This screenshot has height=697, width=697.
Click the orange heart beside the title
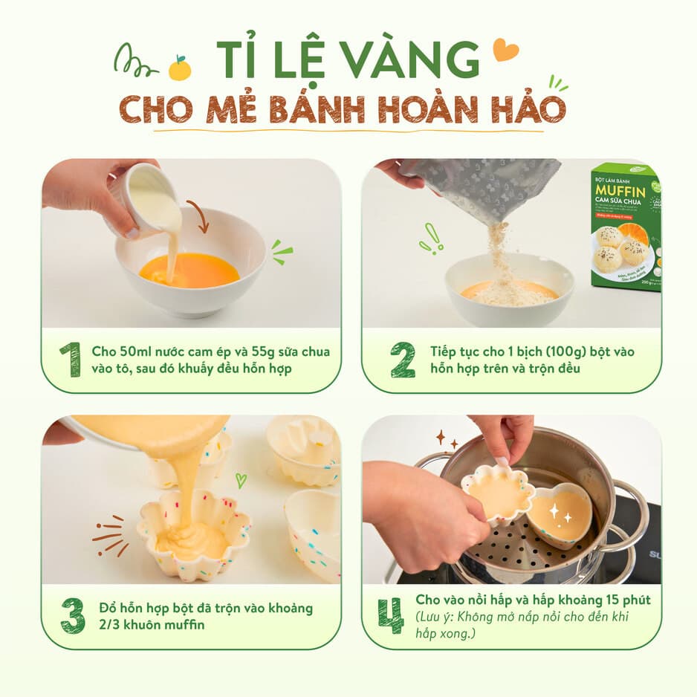pyautogui.click(x=505, y=50)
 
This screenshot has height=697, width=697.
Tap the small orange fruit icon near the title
pyautogui.click(x=180, y=69)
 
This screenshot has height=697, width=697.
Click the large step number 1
pyautogui.click(x=70, y=360)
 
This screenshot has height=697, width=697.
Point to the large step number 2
pyautogui.click(x=402, y=360)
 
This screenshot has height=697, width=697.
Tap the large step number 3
pyautogui.click(x=72, y=616)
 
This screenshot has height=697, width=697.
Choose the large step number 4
pyautogui.click(x=390, y=616)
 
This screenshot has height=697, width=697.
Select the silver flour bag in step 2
pyautogui.click(x=483, y=186)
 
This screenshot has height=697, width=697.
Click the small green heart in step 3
pyautogui.click(x=241, y=480)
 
